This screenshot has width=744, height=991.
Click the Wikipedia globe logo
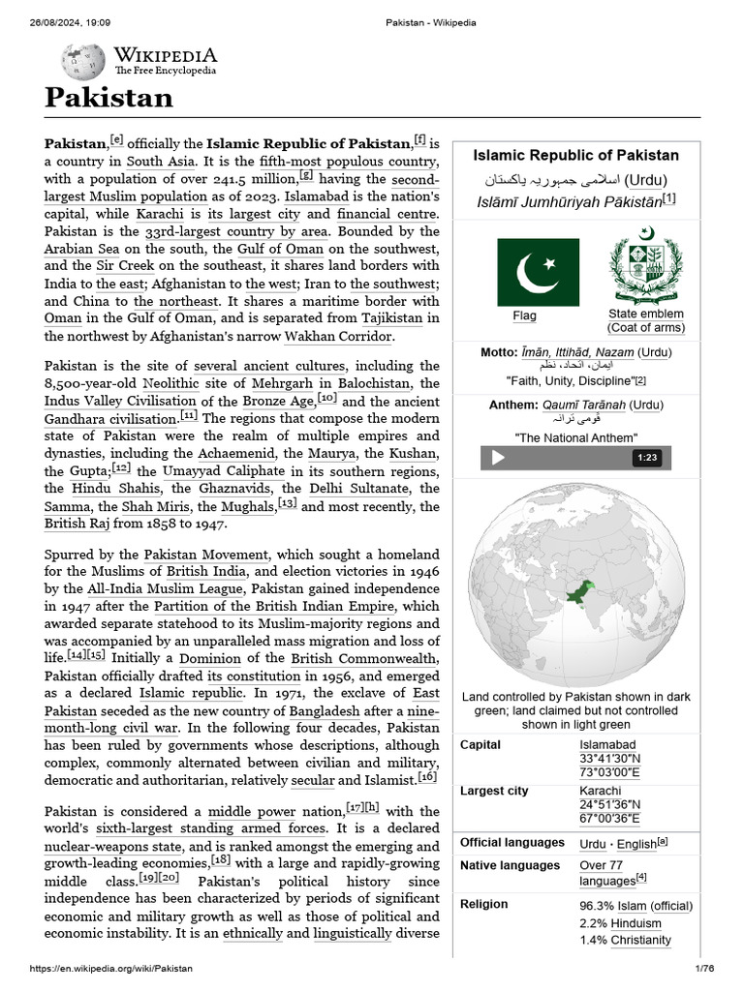pyautogui.click(x=83, y=62)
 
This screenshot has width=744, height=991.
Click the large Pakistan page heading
pyautogui.click(x=108, y=98)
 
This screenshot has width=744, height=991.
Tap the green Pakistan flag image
pyautogui.click(x=538, y=272)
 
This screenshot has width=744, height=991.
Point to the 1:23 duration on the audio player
pyautogui.click(x=647, y=458)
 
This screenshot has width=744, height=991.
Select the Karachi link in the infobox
pyautogui.click(x=600, y=791)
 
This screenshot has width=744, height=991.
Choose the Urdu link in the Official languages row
pyautogui.click(x=593, y=843)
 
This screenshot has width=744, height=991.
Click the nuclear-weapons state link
pyautogui.click(x=114, y=845)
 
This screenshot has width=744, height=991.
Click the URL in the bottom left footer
pyautogui.click(x=97, y=969)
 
